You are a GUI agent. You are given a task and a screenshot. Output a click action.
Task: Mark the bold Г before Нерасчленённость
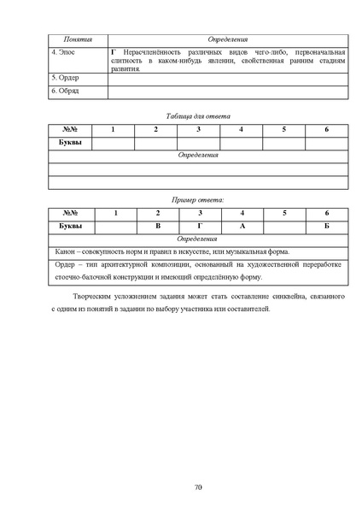pos(114,52)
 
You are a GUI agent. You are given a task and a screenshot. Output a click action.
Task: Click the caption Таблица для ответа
pos(197,115)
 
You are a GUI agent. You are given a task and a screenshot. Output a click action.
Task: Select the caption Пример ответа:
pos(197,199)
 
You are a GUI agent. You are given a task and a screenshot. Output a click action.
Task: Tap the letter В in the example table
pos(157,226)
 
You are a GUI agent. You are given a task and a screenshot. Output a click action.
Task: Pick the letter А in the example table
pos(242,226)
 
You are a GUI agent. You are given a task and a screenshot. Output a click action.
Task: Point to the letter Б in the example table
pos(326,226)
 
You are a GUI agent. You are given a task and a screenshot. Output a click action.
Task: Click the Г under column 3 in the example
pos(199,226)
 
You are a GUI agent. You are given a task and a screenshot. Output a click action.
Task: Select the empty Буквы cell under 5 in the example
pos(284,226)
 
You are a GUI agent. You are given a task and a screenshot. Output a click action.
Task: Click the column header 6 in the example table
pos(326,213)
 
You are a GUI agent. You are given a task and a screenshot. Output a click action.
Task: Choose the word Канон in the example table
pos(66,251)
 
